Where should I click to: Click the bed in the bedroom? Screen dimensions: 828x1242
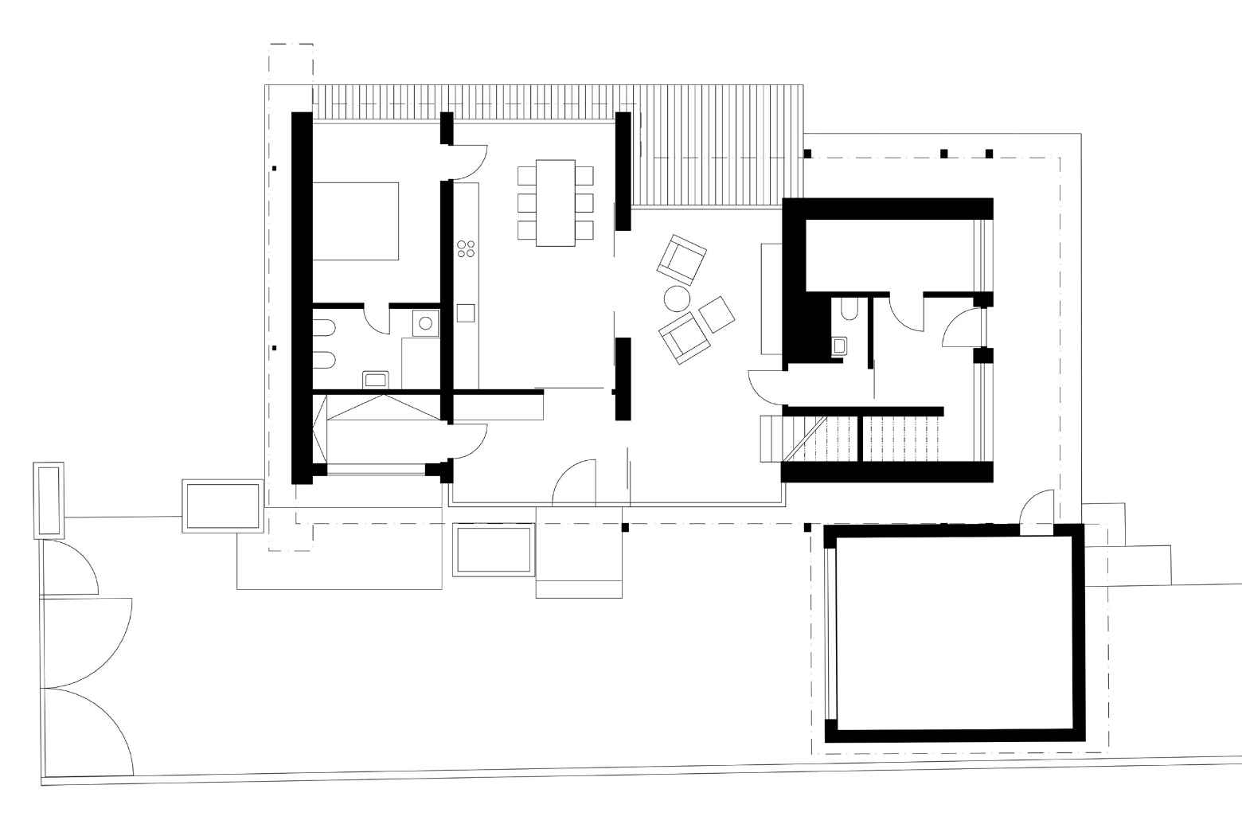(x=355, y=221)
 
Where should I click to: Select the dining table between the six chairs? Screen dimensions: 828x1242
(x=556, y=203)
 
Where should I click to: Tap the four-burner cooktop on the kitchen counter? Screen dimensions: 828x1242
(x=466, y=248)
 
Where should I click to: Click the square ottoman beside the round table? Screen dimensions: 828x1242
(x=716, y=314)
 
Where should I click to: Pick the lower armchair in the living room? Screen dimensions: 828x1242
(x=684, y=337)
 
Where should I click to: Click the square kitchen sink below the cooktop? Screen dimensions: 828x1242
(x=466, y=312)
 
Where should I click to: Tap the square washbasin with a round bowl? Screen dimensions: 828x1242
(x=426, y=323)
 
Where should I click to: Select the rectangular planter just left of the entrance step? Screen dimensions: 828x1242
(x=492, y=549)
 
